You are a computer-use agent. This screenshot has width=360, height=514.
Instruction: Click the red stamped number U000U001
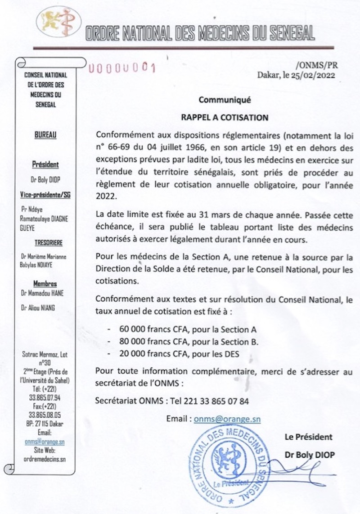point(122,68)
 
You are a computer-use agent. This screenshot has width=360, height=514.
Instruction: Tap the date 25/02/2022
point(314,76)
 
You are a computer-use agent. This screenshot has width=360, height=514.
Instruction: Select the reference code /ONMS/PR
point(318,65)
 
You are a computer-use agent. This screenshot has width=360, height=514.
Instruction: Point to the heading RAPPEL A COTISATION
point(225,118)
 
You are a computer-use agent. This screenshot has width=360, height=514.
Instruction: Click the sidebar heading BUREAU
point(45,134)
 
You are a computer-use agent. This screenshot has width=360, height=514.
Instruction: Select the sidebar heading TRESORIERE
point(45,243)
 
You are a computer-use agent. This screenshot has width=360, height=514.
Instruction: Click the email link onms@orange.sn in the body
point(227,419)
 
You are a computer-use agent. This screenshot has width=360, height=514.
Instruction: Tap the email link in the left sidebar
point(45,442)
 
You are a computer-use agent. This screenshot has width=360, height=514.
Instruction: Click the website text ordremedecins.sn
point(45,459)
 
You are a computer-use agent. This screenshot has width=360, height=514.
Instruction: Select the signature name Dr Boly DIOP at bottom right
point(310,455)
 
